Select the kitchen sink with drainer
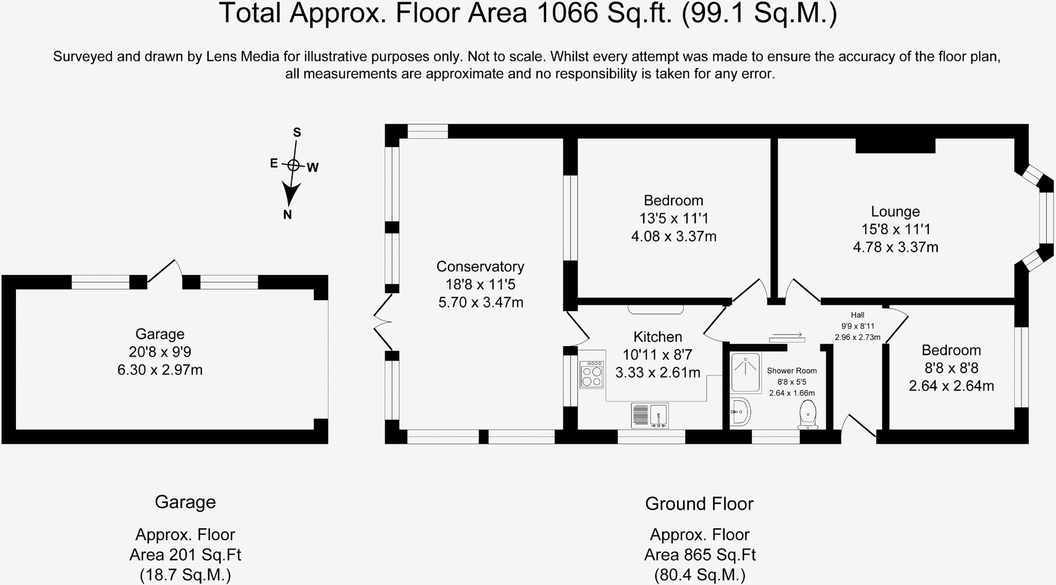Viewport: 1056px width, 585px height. [x=650, y=415]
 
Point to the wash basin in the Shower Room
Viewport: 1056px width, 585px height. [x=740, y=412]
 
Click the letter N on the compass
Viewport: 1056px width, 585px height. [x=287, y=215]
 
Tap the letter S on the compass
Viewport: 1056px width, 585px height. [x=297, y=133]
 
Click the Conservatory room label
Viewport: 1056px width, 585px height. [x=480, y=267]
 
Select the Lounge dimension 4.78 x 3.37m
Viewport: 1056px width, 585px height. [x=895, y=247]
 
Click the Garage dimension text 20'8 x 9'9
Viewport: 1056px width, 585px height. [x=160, y=352]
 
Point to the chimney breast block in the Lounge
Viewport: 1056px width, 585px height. [x=895, y=145]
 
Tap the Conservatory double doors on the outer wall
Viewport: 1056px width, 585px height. [x=383, y=322]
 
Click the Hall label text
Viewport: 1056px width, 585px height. [x=857, y=315]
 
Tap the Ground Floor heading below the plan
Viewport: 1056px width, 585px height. [x=699, y=503]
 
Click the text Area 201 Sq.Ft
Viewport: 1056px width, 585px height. [x=185, y=555]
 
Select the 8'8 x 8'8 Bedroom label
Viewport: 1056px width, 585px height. [x=951, y=368]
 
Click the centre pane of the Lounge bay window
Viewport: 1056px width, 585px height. [x=1046, y=217]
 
